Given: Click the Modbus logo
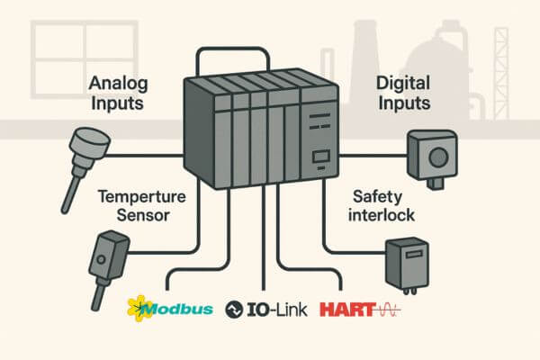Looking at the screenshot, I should (171, 308).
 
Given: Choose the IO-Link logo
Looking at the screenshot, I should (266, 309).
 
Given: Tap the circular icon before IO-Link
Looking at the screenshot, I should (234, 310).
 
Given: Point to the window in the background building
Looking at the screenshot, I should (81, 53).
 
